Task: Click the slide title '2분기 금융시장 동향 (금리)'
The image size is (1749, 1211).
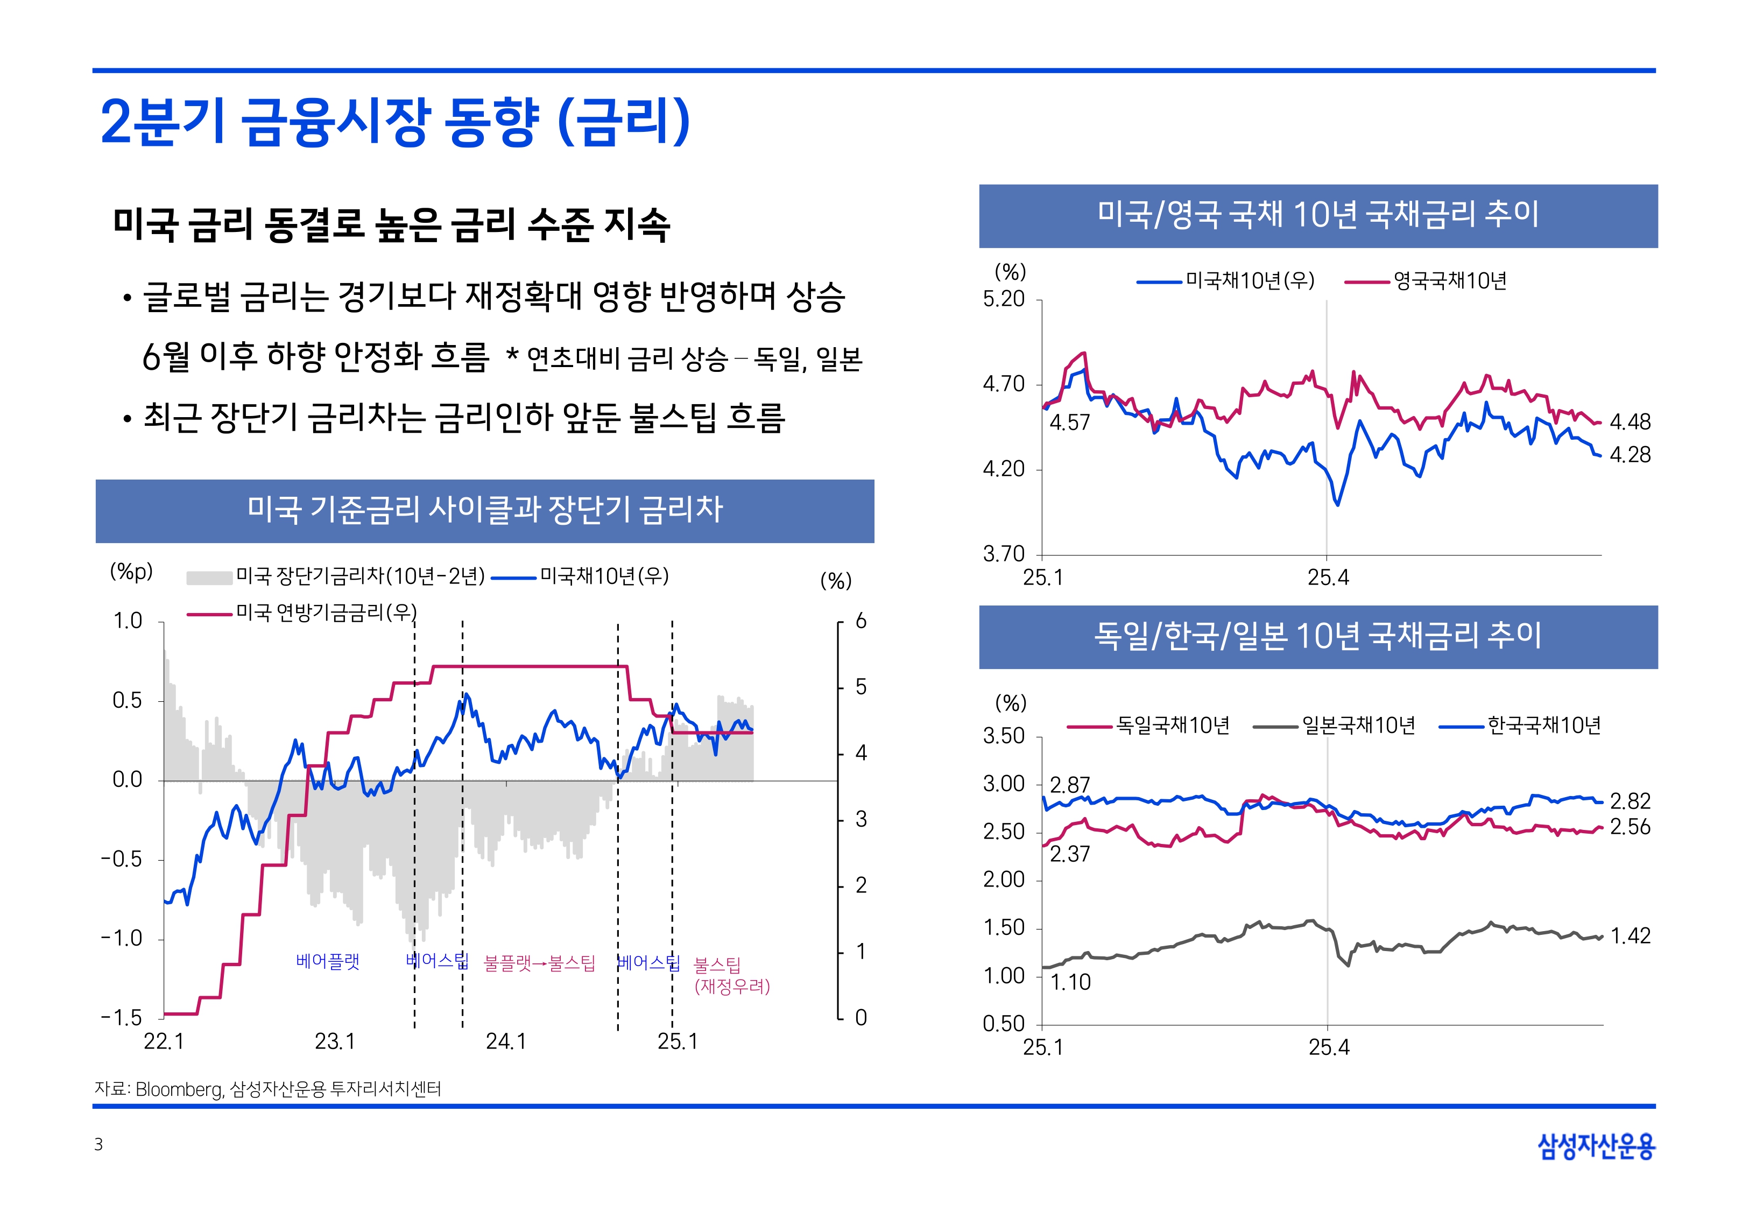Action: pyautogui.click(x=394, y=122)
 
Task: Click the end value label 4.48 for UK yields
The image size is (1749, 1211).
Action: pyautogui.click(x=1629, y=422)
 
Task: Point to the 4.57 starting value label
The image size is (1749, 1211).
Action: pyautogui.click(x=1069, y=423)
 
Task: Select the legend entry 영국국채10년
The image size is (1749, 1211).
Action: pyautogui.click(x=1449, y=281)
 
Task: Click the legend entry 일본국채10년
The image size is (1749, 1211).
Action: pyautogui.click(x=1358, y=726)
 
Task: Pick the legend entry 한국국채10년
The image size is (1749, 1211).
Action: pyautogui.click(x=1543, y=726)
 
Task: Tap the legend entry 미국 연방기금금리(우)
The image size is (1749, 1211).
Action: pyautogui.click(x=326, y=612)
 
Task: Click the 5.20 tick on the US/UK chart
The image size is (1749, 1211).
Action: pyautogui.click(x=1004, y=299)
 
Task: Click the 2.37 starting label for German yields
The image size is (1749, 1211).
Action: pyautogui.click(x=1069, y=854)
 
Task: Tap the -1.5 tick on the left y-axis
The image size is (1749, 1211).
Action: pyautogui.click(x=121, y=1018)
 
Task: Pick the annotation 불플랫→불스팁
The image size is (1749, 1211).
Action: pyautogui.click(x=539, y=963)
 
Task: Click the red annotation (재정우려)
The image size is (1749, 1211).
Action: pyautogui.click(x=732, y=987)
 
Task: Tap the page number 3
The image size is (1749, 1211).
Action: pyautogui.click(x=98, y=1144)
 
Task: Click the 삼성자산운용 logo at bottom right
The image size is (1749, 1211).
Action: pyautogui.click(x=1596, y=1146)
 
